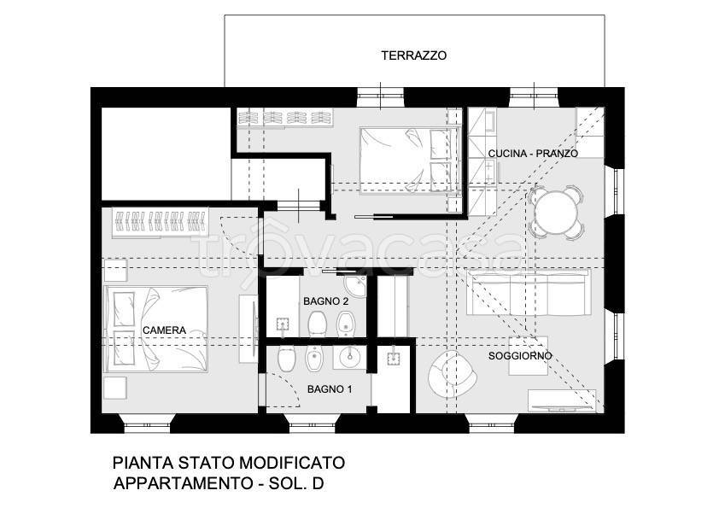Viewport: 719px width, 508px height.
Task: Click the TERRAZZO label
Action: coord(414,55)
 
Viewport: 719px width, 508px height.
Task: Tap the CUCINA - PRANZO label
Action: coord(533,154)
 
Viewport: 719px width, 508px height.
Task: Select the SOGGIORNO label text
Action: coord(520,355)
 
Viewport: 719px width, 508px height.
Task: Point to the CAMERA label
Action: coord(141,330)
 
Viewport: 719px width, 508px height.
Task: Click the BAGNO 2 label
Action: coord(326,301)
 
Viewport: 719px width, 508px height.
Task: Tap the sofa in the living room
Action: coord(527,292)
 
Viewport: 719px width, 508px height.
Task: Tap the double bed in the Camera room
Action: coord(157,329)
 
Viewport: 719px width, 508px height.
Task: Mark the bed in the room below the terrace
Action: coord(406,159)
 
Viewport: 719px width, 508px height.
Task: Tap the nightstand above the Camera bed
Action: coord(116,271)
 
